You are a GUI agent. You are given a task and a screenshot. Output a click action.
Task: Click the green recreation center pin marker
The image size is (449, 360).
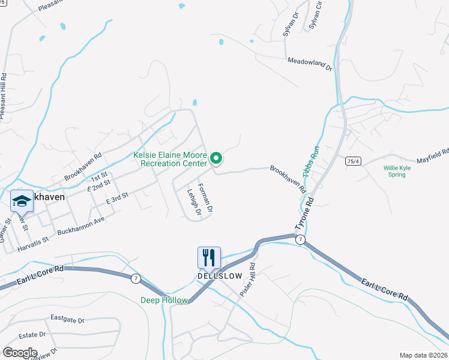tap(217, 158)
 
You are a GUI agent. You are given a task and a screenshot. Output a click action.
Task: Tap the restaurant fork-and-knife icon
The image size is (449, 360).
tap(209, 257)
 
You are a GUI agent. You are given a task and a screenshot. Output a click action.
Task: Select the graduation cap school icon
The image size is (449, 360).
tap(22, 200)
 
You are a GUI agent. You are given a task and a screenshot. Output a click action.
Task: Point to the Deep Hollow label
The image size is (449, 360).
tap(164, 300)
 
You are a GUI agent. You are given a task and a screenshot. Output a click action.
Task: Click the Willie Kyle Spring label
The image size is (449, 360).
tap(397, 172)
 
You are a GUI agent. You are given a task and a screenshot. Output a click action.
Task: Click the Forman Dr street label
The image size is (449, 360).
tap(205, 197)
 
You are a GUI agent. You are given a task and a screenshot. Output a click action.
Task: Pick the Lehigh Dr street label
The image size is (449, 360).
tap(192, 203)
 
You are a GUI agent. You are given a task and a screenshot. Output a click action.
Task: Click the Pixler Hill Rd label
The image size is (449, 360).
tap(249, 279)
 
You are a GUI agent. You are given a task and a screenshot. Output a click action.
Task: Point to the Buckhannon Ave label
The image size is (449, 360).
tap(81, 226)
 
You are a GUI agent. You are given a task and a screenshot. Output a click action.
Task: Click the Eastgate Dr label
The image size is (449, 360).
tap(67, 319)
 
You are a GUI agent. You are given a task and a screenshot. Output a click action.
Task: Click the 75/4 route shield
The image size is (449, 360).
tap(353, 161)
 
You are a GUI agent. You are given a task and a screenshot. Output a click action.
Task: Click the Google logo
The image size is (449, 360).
tap(19, 353)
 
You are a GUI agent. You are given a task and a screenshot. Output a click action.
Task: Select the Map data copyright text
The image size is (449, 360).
tap(423, 355)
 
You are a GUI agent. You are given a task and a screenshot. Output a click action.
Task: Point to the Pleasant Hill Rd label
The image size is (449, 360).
tap(3, 97)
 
